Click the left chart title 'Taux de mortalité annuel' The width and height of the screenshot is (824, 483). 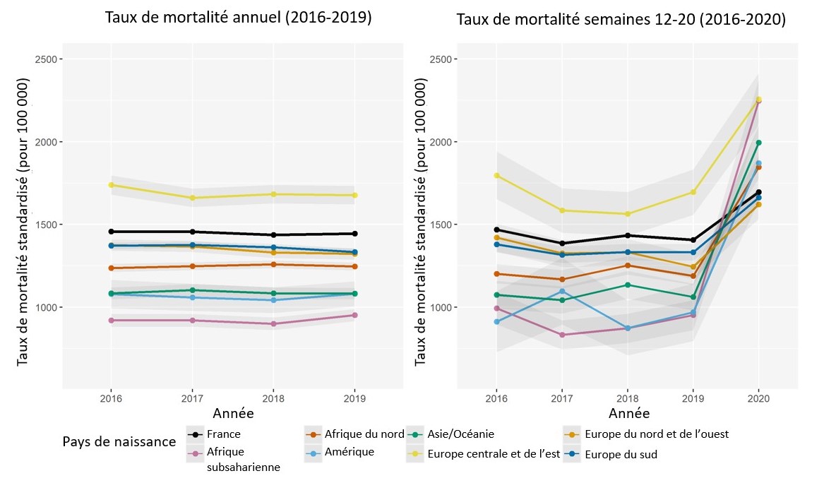(238, 18)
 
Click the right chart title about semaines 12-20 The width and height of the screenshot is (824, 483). (621, 20)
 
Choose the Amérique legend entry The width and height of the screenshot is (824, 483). (349, 452)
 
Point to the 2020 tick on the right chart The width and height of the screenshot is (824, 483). (758, 398)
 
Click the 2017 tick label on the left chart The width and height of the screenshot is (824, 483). (192, 398)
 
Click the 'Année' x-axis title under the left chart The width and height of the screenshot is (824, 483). (233, 412)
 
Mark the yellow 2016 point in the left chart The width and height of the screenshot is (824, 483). (111, 185)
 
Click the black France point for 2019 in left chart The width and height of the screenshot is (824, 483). (354, 234)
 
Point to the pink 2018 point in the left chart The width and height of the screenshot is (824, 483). (273, 324)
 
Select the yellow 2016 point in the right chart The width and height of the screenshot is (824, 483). (496, 176)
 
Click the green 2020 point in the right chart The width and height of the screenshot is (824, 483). (758, 143)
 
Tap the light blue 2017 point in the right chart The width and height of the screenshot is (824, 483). (562, 291)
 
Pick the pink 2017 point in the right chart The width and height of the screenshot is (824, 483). (562, 335)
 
